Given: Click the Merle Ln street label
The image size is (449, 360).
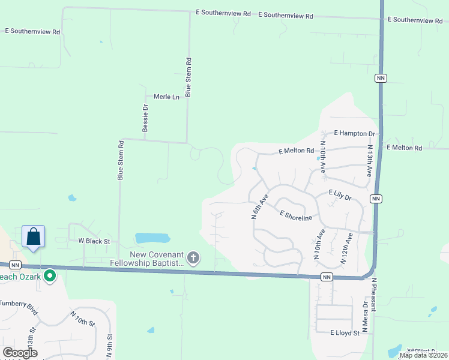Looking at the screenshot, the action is (166, 97).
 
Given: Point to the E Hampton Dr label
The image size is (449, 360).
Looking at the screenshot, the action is (354, 133).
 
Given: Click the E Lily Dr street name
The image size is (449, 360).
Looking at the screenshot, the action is (343, 193).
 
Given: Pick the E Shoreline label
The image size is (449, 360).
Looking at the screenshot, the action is (295, 215).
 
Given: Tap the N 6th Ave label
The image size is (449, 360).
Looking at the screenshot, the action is (259, 207).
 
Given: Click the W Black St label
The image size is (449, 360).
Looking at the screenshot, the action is (95, 241).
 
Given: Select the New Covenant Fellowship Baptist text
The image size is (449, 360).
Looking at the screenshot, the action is (146, 259).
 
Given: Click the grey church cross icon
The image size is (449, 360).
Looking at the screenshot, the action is (193, 259).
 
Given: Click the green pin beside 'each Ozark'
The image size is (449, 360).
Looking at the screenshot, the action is (50, 277).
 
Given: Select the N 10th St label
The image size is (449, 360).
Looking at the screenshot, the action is (82, 318).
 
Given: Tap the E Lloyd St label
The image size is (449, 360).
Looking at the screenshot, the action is (345, 332).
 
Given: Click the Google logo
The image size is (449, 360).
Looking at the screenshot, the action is (20, 353).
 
